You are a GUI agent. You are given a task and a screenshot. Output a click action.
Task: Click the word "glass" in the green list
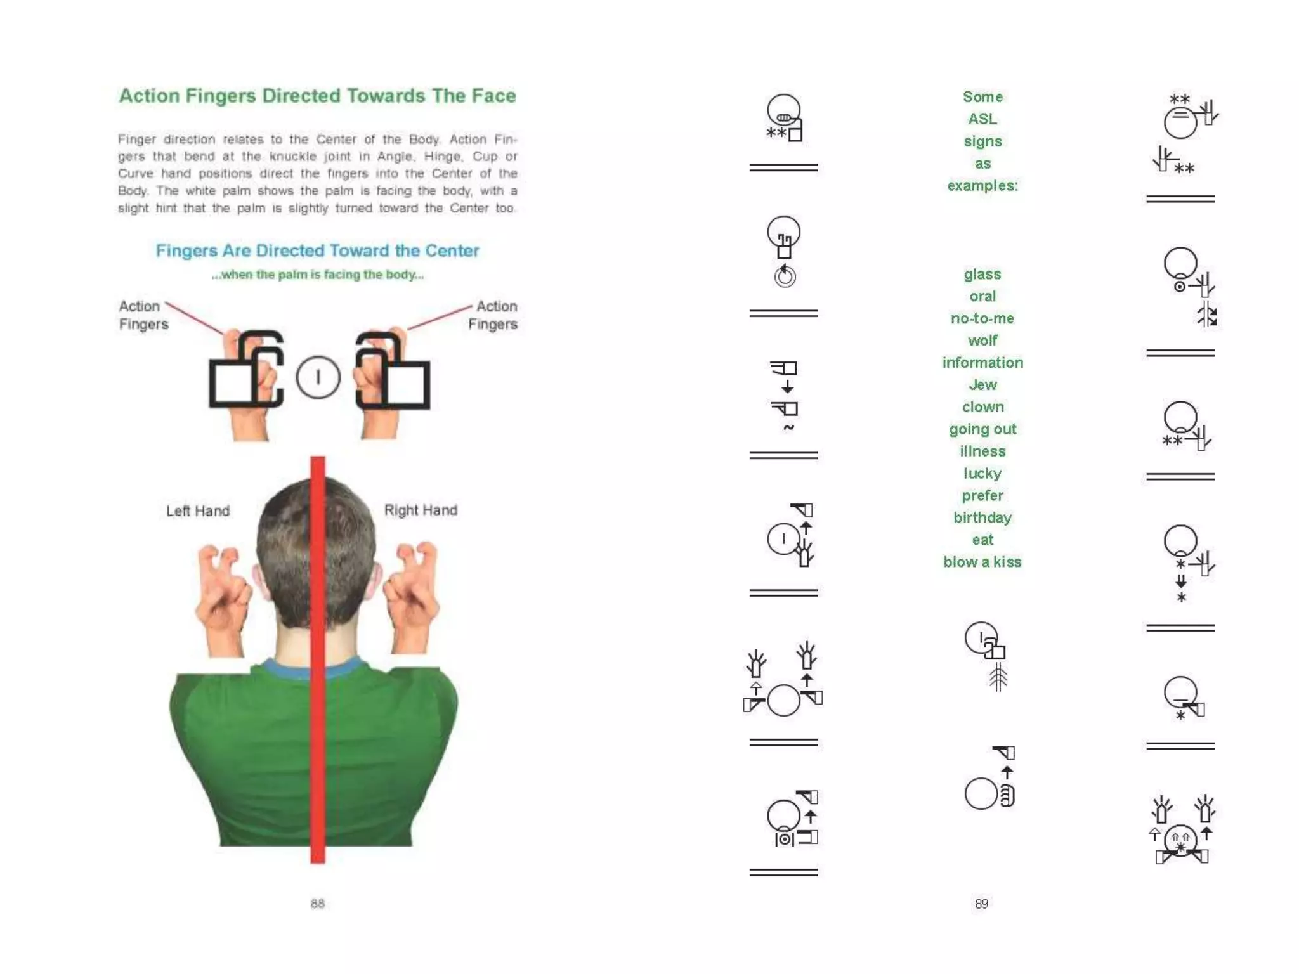click(982, 275)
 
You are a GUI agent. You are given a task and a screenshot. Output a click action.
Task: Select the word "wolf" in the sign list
click(982, 341)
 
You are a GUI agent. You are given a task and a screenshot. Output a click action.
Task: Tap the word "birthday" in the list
click(982, 518)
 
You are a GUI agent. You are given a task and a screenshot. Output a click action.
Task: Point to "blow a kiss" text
click(982, 562)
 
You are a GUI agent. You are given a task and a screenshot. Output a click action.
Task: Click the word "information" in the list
click(982, 363)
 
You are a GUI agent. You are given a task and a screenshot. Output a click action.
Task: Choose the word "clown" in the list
click(982, 407)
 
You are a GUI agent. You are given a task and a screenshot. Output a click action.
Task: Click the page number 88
click(318, 904)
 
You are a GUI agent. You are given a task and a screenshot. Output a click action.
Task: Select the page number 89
click(981, 904)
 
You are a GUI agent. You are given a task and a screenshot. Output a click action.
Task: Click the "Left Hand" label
click(198, 511)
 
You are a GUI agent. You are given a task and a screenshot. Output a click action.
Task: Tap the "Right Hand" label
click(421, 510)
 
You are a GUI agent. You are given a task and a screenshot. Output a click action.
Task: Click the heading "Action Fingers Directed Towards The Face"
click(318, 96)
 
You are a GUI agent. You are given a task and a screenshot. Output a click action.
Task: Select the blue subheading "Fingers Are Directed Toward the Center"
click(318, 250)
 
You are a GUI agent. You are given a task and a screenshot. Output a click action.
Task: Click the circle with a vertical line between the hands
click(318, 377)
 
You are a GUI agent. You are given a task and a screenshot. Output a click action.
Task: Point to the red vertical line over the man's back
click(318, 659)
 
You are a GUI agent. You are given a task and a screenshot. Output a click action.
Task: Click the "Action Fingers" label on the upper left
click(143, 315)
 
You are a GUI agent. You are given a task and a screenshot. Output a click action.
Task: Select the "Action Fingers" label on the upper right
click(493, 315)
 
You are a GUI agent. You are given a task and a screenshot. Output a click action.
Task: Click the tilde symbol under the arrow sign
click(788, 427)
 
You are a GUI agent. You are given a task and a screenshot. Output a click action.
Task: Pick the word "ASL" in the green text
click(982, 119)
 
